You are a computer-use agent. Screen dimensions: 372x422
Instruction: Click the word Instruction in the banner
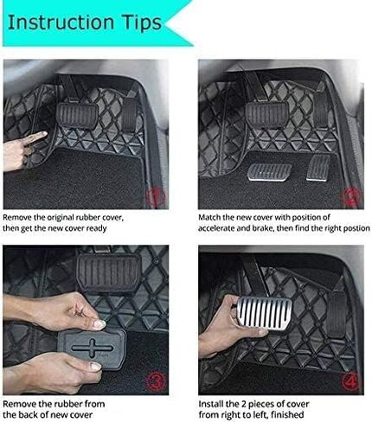(61, 22)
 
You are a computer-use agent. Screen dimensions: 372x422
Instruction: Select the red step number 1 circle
(156, 197)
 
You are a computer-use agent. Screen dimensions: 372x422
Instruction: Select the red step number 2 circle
(350, 197)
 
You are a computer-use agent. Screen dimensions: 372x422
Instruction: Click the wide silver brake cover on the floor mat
(269, 172)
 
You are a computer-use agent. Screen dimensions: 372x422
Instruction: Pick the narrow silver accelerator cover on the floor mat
(317, 168)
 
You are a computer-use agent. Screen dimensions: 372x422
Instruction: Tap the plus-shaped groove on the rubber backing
(93, 348)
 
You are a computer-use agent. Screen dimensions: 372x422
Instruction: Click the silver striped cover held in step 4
(265, 313)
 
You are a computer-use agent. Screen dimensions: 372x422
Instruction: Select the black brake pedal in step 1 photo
(77, 115)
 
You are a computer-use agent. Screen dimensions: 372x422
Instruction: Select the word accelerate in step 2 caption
(216, 228)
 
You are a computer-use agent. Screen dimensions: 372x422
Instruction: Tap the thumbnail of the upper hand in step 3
(99, 324)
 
